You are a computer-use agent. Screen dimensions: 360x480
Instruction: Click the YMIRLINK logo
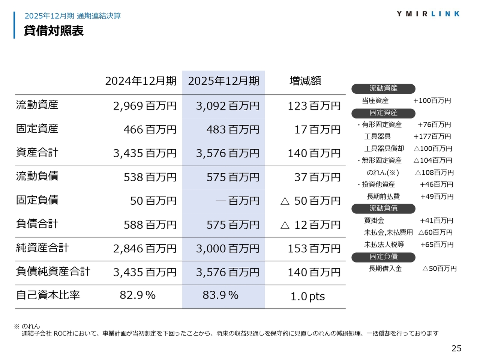tap(428, 14)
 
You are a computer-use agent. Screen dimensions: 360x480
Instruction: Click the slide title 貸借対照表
tap(54, 31)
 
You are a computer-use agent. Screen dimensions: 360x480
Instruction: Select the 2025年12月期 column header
tap(223, 81)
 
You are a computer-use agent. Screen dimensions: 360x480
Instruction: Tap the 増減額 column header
tap(305, 81)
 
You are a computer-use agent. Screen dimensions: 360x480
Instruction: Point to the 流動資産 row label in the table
tap(37, 105)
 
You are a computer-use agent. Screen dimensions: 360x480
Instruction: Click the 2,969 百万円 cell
tap(145, 106)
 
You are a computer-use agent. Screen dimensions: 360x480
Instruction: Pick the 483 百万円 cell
tap(232, 130)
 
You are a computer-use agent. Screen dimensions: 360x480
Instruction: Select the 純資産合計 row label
tap(42, 248)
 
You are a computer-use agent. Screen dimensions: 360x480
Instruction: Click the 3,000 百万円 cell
tap(228, 249)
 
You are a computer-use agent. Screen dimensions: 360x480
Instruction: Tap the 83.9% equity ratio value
tap(220, 295)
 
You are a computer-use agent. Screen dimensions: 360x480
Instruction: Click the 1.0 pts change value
tap(307, 297)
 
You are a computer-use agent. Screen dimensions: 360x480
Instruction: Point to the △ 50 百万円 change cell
tap(310, 201)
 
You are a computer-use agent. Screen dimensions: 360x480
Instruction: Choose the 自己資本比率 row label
tap(48, 295)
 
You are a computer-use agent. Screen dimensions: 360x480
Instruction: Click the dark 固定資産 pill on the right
tap(383, 113)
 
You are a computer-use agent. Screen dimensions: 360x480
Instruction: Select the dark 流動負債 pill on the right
tap(383, 208)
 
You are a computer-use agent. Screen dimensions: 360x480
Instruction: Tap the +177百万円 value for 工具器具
tap(432, 136)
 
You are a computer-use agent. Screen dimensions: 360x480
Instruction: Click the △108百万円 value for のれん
tap(434, 172)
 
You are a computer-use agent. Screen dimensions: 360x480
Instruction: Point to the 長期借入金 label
tap(385, 268)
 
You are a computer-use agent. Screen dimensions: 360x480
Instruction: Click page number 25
tap(456, 348)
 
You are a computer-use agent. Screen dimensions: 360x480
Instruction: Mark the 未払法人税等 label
tap(384, 244)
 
